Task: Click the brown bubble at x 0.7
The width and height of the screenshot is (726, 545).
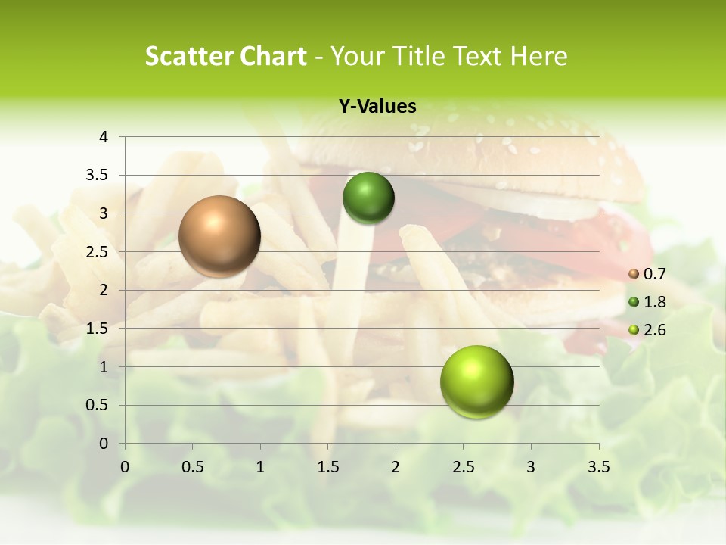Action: click(219, 236)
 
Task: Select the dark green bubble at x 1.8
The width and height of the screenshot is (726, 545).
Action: click(368, 198)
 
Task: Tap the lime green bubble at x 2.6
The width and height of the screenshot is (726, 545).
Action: click(476, 381)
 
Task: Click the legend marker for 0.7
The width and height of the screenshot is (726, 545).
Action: click(634, 274)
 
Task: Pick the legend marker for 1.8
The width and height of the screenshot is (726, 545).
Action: click(634, 302)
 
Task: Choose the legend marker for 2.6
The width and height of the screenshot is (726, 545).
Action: click(634, 330)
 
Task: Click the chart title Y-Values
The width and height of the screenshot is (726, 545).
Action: click(377, 107)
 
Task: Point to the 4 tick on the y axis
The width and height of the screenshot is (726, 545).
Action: click(104, 137)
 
